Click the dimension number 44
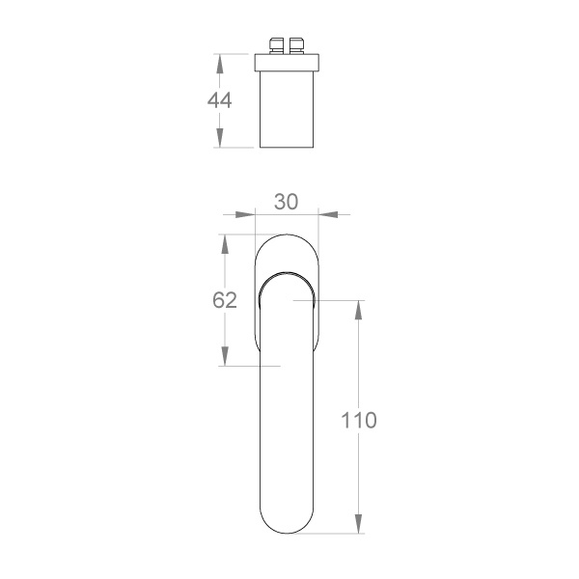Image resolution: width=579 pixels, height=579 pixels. [220, 100]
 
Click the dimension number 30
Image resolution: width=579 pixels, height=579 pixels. [287, 202]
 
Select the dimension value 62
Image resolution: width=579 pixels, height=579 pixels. [225, 300]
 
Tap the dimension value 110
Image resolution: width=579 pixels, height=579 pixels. [359, 420]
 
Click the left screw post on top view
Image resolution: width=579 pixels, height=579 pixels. [276, 45]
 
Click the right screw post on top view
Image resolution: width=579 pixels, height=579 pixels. [296, 45]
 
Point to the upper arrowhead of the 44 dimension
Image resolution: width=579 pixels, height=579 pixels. [220, 64]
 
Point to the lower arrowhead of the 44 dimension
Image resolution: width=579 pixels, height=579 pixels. [220, 138]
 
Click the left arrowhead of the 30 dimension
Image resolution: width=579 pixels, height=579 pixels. [245, 214]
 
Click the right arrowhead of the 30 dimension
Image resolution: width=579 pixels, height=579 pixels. [328, 214]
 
